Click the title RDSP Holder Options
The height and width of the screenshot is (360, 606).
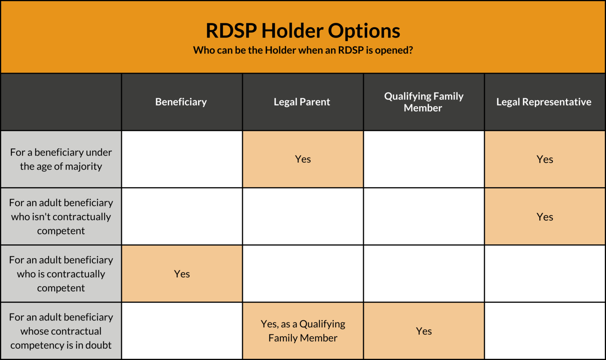point(303,31)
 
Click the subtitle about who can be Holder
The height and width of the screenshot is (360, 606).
point(303,51)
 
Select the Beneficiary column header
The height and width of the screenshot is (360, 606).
point(181,102)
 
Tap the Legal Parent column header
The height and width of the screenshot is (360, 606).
point(302,102)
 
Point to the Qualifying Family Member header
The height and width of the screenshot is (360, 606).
point(423,102)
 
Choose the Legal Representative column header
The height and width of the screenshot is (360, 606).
point(544,102)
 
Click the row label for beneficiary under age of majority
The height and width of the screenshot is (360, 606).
point(61,159)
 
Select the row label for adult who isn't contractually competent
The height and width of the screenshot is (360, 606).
point(61,216)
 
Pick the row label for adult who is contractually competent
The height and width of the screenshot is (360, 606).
point(61,274)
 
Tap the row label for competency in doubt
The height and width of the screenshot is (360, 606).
point(61,331)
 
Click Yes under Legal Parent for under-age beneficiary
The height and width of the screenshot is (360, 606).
point(303,159)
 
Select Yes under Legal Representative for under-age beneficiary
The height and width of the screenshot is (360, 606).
point(544,159)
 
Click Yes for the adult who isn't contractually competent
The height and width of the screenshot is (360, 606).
point(544,217)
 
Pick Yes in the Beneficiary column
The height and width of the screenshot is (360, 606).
point(182,274)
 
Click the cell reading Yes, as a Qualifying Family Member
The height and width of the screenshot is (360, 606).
point(303,331)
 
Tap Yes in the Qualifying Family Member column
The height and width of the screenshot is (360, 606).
point(424,331)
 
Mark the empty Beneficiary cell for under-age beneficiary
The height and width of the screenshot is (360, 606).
point(182,159)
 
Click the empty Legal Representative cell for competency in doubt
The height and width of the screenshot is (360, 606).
point(544,331)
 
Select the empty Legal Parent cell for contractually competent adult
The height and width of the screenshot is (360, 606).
point(303,274)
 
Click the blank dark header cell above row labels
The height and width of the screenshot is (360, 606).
point(61,102)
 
